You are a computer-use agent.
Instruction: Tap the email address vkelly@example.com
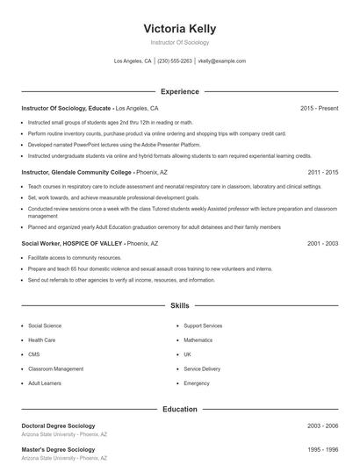click(221, 61)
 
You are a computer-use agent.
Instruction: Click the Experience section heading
click(179, 91)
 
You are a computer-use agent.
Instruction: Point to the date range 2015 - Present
click(319, 108)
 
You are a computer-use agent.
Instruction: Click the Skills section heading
click(179, 306)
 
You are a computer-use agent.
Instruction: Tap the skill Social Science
click(45, 325)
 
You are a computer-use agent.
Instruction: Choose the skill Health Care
click(42, 340)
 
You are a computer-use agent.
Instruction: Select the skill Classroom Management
click(55, 368)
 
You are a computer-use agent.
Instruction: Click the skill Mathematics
click(198, 340)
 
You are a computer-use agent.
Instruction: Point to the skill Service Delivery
click(202, 368)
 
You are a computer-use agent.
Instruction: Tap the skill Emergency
click(197, 383)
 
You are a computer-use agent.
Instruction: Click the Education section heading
click(179, 409)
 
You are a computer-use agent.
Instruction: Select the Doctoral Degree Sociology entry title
click(59, 426)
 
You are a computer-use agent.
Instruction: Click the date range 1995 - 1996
click(322, 450)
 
